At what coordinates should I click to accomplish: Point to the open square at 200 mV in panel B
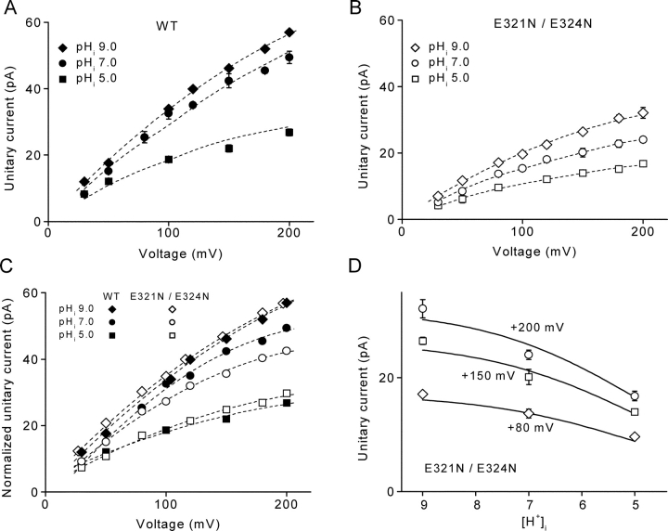pos(642,163)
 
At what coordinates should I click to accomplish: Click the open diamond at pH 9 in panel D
pos(423,395)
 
